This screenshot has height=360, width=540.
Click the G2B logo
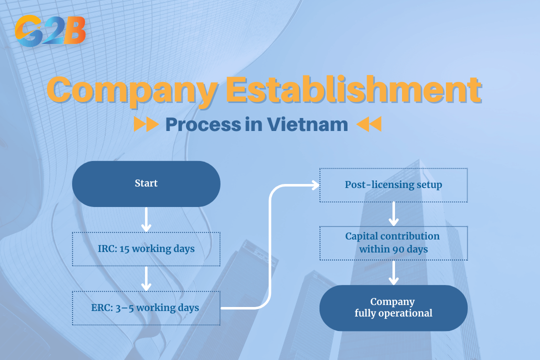coord(50,30)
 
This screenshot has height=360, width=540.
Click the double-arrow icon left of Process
coord(146,124)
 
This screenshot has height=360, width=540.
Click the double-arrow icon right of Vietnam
coord(369,124)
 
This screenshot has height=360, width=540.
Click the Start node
coord(146,183)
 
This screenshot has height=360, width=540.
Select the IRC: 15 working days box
coord(146,248)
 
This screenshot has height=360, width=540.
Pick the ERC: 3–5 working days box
coord(146,307)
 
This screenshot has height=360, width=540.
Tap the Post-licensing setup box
coord(393,184)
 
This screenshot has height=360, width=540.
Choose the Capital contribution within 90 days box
coord(393,242)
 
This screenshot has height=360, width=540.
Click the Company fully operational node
coord(393,307)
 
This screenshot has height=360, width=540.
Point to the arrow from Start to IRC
coord(146,220)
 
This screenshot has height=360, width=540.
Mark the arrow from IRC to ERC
coord(146,279)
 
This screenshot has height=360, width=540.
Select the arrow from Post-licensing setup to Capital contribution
coord(393,214)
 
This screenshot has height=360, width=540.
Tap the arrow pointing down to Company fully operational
coord(393,273)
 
